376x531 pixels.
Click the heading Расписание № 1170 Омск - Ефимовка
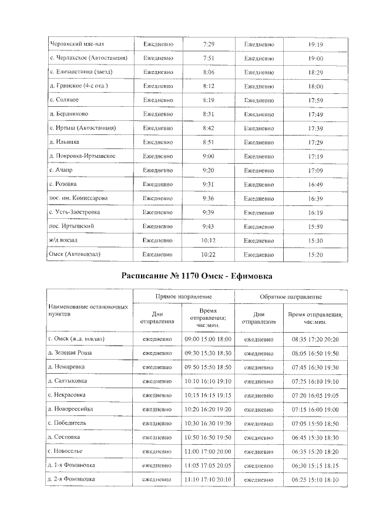188,276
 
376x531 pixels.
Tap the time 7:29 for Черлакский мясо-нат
208,44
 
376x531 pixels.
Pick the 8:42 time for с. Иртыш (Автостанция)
208,128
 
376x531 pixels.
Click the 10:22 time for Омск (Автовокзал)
208,255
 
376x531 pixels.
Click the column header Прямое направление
184,297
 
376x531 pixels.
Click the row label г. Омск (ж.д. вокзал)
76,339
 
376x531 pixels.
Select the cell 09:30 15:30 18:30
208,353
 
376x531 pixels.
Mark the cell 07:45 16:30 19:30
315,367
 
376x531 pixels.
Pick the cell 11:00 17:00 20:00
208,451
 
